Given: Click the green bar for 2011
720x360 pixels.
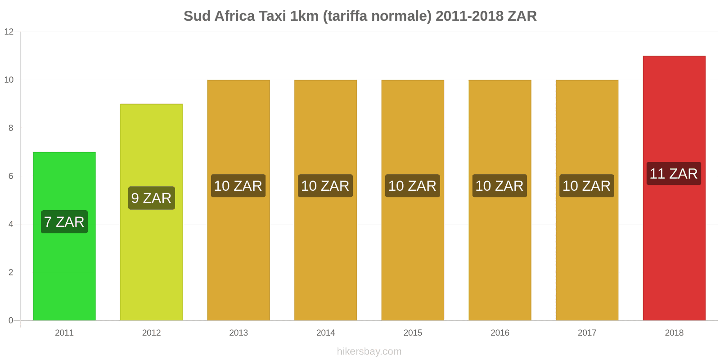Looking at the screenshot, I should [x=64, y=270].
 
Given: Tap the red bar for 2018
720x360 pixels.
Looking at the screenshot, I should [x=674, y=252].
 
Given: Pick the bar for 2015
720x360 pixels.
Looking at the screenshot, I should [x=413, y=252].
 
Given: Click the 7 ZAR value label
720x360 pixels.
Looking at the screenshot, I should [x=64, y=222].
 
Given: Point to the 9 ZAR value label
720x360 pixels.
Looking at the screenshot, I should [x=151, y=198].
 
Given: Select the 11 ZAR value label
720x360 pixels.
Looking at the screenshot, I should [x=674, y=174].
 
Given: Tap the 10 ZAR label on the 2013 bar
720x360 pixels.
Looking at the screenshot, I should [x=238, y=186].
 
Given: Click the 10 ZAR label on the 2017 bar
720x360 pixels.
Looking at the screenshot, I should [x=587, y=186].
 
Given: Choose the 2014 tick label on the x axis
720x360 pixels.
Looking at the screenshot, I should [x=325, y=333].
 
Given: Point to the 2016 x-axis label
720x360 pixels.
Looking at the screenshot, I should [x=500, y=333].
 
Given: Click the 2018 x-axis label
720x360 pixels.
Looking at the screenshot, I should [x=674, y=333].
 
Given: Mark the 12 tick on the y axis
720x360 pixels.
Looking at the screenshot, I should [x=9, y=32].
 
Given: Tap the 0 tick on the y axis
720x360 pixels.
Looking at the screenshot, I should [x=11, y=320].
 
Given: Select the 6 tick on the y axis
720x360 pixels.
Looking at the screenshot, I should [x=11, y=176].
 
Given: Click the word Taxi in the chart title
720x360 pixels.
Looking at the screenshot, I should [x=272, y=16].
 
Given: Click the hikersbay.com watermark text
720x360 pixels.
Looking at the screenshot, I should [x=369, y=351].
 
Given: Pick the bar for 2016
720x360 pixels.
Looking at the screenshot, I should [x=500, y=252].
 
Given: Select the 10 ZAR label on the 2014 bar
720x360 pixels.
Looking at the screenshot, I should [x=325, y=186].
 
